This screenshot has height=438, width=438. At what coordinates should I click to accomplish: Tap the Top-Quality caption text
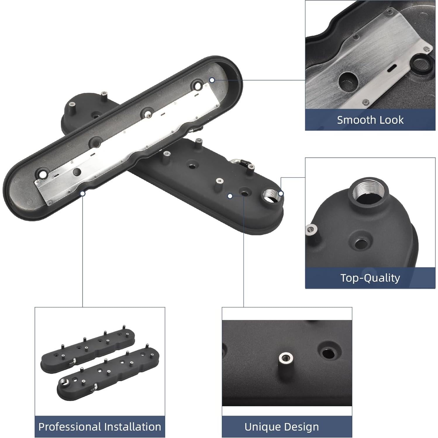(370, 278)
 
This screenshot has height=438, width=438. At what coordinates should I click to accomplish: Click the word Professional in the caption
(70, 427)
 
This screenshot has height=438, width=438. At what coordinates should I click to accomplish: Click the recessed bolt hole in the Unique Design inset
(329, 353)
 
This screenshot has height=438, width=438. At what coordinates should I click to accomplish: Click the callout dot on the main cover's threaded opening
(281, 193)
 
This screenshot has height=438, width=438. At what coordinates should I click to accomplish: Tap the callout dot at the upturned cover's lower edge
(83, 193)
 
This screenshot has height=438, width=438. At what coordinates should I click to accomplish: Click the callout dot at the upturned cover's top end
(212, 80)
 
